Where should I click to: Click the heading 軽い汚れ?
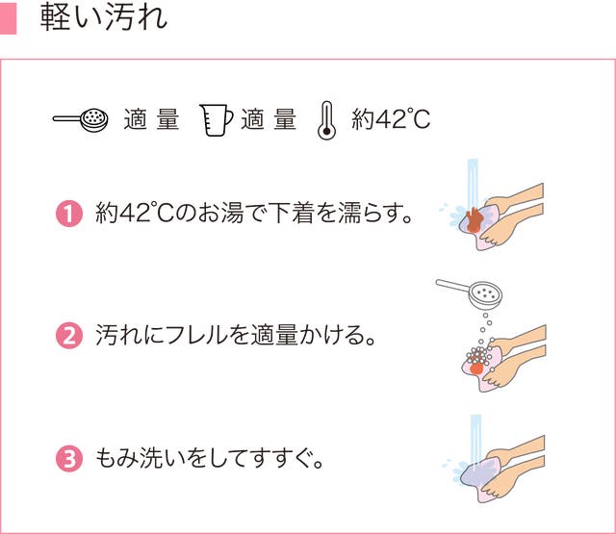coord(104,18)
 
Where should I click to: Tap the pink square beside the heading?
coord(9,18)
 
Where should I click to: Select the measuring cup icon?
coord(216,119)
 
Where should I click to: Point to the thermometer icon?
coord(326,120)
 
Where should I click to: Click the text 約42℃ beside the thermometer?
coord(391,119)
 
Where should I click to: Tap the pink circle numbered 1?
coord(69,214)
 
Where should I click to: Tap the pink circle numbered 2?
coord(69,336)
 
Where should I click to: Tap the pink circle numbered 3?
coord(69,458)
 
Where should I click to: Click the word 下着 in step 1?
coord(291,213)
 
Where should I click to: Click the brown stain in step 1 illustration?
coord(474,220)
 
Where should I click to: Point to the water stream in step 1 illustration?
coord(473,184)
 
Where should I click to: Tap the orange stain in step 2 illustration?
coord(476,368)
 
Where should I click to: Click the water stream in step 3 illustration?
coord(475,440)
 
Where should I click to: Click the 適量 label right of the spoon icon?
coord(152,119)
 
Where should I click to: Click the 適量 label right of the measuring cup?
coord(269,119)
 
